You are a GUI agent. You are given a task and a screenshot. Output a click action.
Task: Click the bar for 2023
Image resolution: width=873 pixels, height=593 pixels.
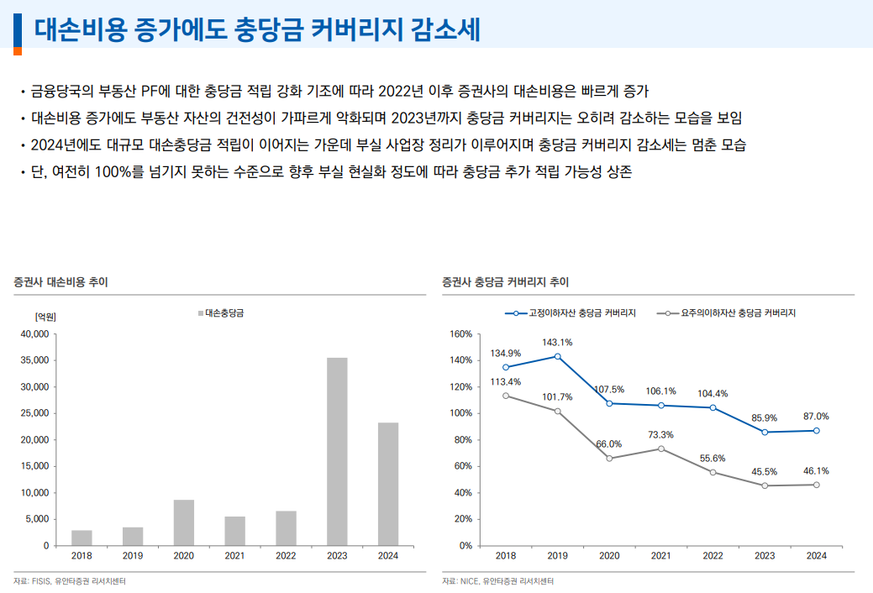click(337, 451)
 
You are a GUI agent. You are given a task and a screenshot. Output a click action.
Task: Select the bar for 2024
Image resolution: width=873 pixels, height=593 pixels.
click(388, 484)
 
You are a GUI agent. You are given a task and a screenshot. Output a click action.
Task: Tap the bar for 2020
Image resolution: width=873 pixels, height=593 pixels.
click(184, 522)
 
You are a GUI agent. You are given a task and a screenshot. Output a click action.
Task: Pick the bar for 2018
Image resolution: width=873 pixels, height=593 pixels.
click(82, 538)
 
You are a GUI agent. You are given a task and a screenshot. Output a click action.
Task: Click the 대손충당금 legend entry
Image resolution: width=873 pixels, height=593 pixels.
click(226, 313)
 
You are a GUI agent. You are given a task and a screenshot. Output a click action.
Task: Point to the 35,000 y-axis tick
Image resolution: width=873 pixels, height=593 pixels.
click(34, 360)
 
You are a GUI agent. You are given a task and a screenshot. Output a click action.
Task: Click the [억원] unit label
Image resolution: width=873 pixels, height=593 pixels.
click(45, 317)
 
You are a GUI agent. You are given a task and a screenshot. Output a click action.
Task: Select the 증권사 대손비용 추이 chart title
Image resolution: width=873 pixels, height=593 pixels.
click(60, 282)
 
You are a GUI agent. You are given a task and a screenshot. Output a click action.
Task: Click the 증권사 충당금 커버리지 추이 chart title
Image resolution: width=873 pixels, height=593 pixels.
click(506, 282)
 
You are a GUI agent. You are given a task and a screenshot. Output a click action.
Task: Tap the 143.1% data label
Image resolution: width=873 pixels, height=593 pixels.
click(557, 342)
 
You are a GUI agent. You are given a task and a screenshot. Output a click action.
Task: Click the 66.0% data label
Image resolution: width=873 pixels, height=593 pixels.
click(608, 443)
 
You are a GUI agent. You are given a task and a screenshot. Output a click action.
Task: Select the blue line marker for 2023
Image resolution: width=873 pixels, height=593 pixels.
click(765, 432)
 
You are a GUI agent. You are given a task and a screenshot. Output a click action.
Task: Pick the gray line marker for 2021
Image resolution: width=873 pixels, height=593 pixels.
click(661, 449)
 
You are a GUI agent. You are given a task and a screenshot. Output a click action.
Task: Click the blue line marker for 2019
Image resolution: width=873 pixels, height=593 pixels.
click(557, 356)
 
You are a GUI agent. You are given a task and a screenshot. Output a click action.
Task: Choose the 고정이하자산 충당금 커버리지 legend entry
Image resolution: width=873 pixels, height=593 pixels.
click(571, 313)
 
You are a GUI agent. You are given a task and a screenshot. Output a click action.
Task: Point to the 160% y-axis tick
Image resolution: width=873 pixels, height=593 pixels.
click(461, 334)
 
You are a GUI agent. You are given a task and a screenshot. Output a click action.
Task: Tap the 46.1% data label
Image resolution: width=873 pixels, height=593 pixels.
click(816, 471)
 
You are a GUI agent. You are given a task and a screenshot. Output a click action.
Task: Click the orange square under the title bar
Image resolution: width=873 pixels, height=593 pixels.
click(17, 51)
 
